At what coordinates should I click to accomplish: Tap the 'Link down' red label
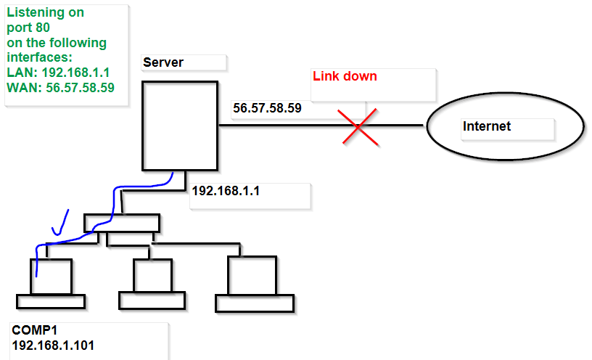pyautogui.click(x=345, y=76)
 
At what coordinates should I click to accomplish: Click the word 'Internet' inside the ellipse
pyautogui.click(x=487, y=126)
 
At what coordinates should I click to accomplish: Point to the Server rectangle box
pyautogui.click(x=179, y=125)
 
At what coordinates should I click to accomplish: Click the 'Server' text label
pyautogui.click(x=163, y=62)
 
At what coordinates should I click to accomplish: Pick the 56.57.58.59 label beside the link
pyautogui.click(x=267, y=109)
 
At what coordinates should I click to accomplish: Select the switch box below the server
pyautogui.click(x=121, y=222)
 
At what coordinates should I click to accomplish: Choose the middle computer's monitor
pyautogui.click(x=152, y=275)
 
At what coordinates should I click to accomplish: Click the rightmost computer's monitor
pyautogui.click(x=251, y=274)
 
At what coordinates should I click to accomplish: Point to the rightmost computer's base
pyautogui.click(x=255, y=303)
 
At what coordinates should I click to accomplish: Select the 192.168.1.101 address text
pyautogui.click(x=53, y=345)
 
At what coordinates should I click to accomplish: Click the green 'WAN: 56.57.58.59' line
pyautogui.click(x=60, y=87)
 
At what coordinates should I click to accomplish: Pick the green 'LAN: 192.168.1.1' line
pyautogui.click(x=58, y=73)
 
